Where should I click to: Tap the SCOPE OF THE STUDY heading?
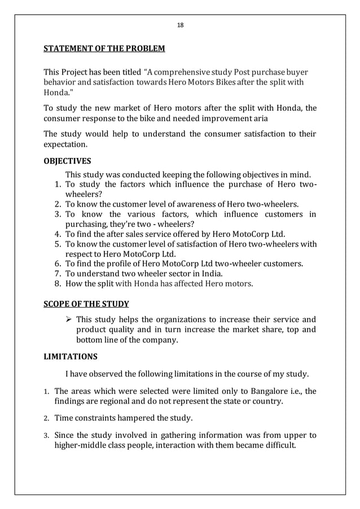pyautogui.click(x=86, y=304)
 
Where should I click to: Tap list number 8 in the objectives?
pyautogui.click(x=58, y=283)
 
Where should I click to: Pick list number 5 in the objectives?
pyautogui.click(x=58, y=244)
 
